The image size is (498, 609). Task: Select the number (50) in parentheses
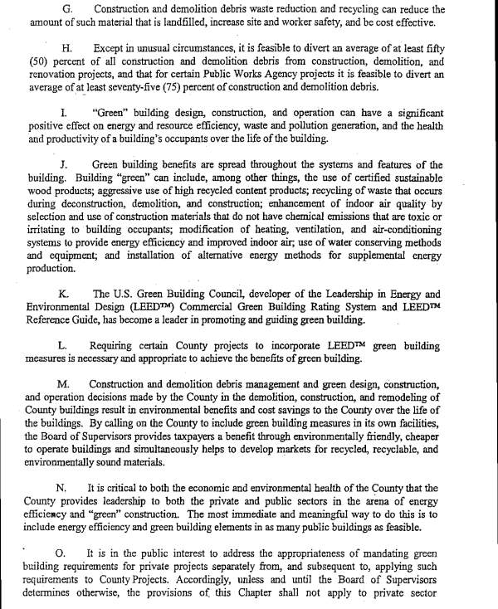pos(42,62)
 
